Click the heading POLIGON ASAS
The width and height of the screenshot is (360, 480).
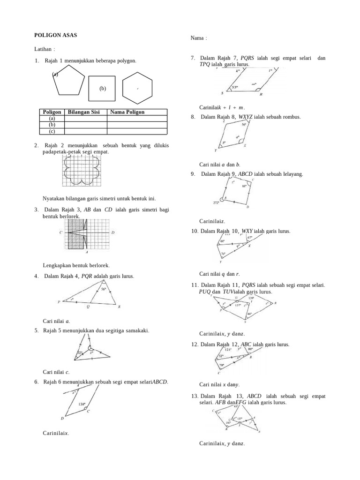click(x=56, y=35)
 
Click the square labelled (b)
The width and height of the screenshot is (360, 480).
click(x=102, y=88)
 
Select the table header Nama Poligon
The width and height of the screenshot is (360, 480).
click(x=127, y=112)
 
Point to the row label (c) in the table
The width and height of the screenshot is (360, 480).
click(x=52, y=132)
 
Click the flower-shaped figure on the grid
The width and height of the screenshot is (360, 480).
click(x=81, y=171)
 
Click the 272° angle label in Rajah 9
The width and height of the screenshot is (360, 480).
click(x=216, y=202)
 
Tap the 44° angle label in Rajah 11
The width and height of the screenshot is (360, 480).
click(x=249, y=314)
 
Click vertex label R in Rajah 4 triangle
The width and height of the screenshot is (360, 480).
click(x=120, y=307)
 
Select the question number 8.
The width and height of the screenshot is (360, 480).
click(x=193, y=117)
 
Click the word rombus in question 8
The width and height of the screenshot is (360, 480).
click(x=292, y=117)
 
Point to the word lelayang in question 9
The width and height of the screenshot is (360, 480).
click(x=291, y=174)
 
